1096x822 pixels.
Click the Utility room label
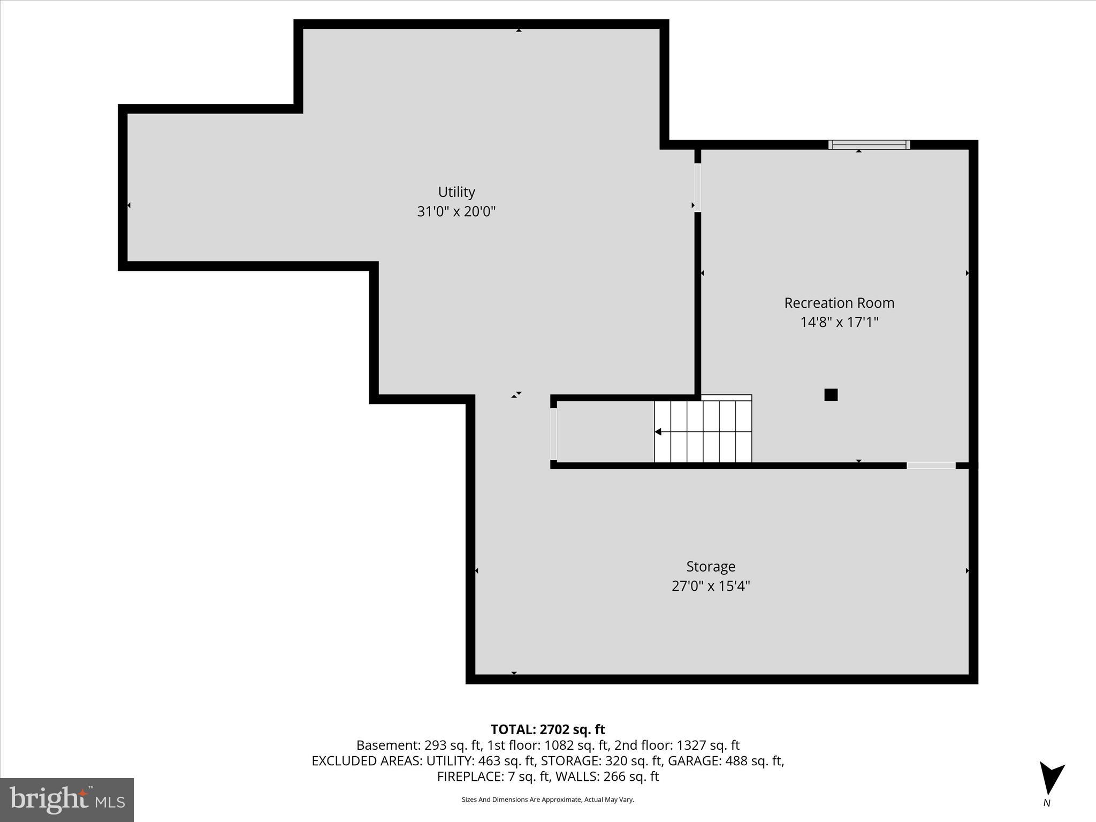coord(456,192)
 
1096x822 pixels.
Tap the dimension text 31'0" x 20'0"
coord(456,211)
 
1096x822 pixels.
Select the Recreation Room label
coord(839,303)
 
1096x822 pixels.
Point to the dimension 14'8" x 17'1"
coord(839,322)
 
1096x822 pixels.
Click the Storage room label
coord(711,566)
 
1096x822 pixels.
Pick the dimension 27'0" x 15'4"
coord(711,586)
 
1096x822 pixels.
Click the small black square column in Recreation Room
coord(831,395)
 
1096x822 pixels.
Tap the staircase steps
coord(703,431)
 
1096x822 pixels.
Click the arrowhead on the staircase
coord(658,432)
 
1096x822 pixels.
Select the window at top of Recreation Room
coord(869,144)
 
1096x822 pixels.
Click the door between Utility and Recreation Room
coord(697,187)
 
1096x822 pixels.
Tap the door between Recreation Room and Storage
coord(931,466)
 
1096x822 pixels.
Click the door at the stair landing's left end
coord(553,433)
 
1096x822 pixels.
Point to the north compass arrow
coord(1051,779)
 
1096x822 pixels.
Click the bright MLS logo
coord(67,800)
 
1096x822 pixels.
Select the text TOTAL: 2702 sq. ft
coord(547,729)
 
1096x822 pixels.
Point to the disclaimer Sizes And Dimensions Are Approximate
coord(547,800)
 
